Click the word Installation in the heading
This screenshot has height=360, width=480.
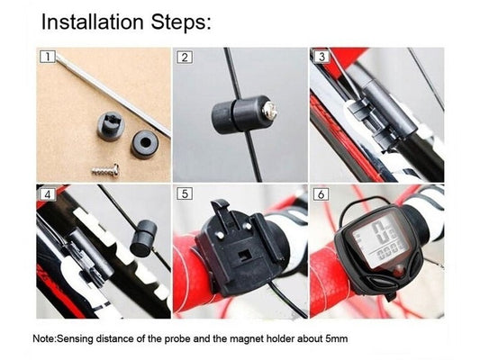click(92, 22)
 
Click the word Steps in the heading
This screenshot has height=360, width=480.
click(180, 22)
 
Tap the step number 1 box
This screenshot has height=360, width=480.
click(48, 57)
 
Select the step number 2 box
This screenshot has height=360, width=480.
click(185, 58)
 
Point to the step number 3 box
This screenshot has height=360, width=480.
click(322, 57)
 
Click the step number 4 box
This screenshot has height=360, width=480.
click(48, 194)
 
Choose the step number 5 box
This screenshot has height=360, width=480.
click(185, 193)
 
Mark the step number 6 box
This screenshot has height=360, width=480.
click(322, 194)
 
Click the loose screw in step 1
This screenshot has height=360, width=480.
click(105, 170)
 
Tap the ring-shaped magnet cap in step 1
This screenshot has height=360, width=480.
click(145, 143)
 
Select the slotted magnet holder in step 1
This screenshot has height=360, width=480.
click(111, 125)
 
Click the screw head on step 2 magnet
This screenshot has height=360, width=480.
click(270, 111)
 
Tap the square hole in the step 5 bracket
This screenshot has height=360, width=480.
click(244, 256)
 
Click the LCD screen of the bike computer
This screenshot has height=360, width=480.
click(381, 239)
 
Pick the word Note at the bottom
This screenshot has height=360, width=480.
click(44, 338)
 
